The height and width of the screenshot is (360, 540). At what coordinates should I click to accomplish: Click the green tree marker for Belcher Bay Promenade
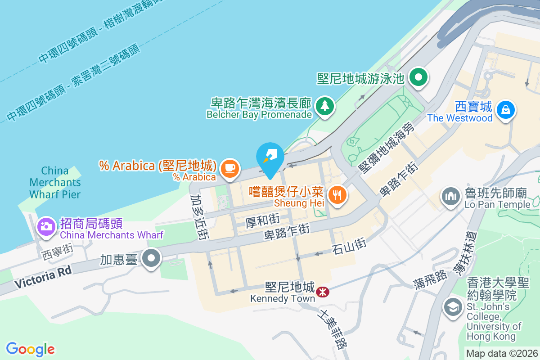point(324,107)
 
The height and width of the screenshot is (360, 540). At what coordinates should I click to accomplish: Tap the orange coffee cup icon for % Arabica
point(230,168)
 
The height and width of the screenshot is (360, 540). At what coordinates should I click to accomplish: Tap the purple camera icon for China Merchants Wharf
point(45,226)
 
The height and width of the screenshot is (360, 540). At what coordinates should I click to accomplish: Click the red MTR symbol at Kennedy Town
point(322,292)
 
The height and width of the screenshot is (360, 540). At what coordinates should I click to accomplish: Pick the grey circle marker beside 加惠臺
point(152,258)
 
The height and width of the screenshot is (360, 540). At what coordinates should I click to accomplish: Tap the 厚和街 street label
point(263,221)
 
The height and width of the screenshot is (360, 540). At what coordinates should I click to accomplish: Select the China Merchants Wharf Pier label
point(55,182)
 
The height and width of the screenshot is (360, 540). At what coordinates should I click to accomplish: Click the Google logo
point(30,349)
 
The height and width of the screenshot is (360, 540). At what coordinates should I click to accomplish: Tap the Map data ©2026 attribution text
point(501,353)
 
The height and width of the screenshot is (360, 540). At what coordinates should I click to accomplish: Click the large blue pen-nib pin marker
point(270,157)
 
